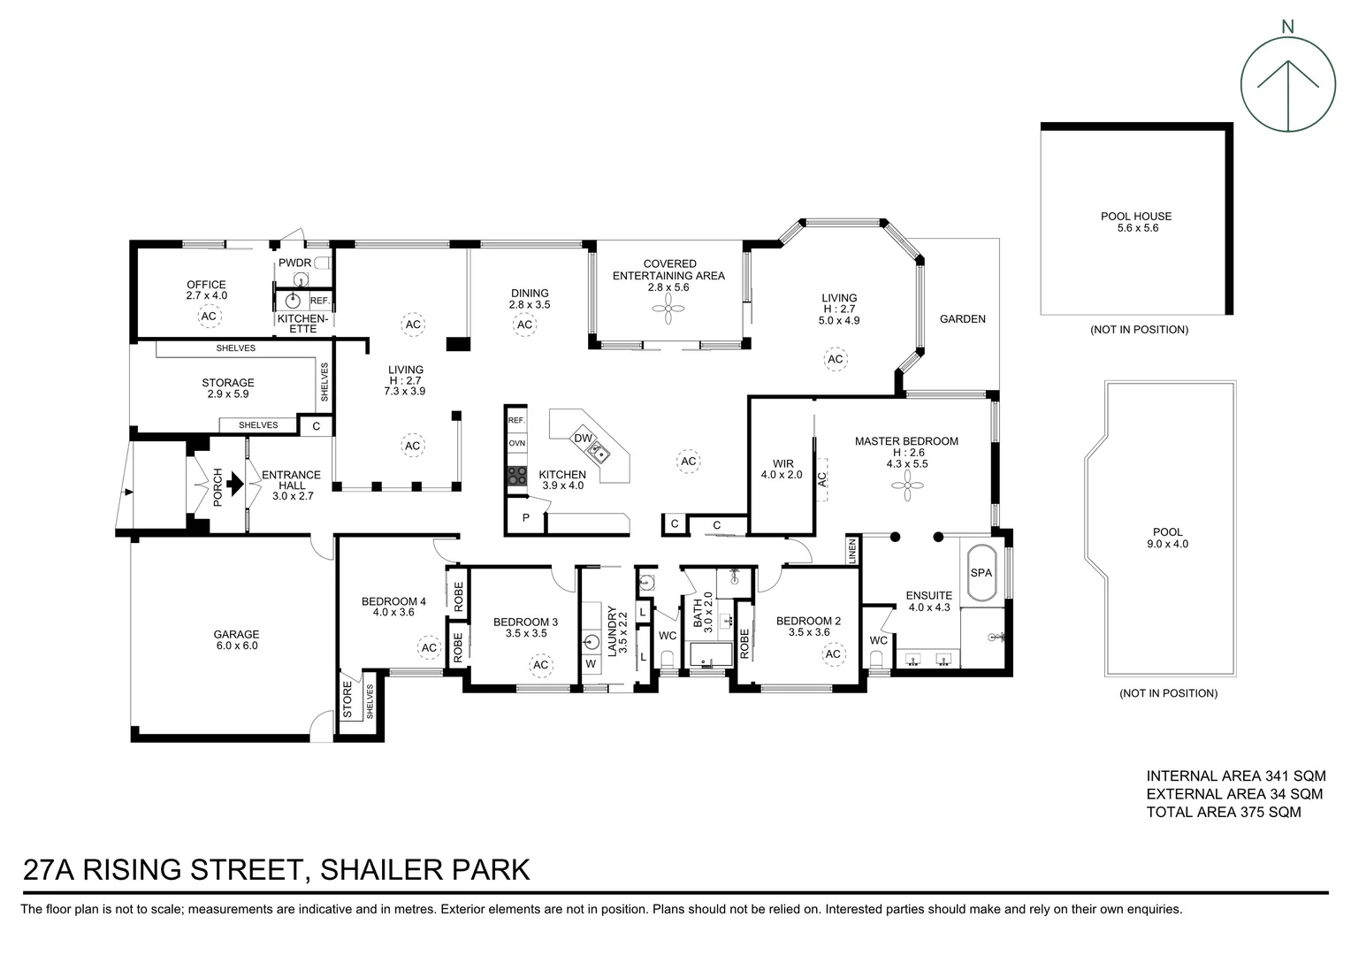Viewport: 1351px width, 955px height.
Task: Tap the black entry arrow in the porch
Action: tap(235, 483)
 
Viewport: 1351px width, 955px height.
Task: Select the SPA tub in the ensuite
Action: tap(981, 572)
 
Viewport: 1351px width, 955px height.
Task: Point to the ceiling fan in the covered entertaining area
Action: tap(668, 309)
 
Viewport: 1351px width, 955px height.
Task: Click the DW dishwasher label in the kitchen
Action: tap(583, 438)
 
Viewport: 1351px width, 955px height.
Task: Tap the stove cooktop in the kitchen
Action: tap(517, 476)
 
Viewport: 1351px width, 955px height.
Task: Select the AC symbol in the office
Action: tap(209, 316)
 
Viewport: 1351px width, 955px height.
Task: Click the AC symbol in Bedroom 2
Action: tap(833, 654)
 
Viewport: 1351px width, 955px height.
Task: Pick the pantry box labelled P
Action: tap(526, 517)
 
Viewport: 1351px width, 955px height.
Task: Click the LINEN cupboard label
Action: tap(852, 552)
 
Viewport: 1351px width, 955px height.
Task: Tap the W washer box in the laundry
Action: tap(591, 663)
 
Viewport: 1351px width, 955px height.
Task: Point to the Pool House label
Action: tap(1136, 221)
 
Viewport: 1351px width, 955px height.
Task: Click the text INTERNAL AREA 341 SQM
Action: tap(1236, 775)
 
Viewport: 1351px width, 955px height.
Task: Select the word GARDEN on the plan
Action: tap(963, 318)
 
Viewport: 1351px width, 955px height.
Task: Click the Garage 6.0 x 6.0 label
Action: tap(236, 639)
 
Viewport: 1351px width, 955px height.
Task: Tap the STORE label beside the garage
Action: tap(347, 699)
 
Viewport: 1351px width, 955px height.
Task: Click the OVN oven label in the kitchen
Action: tap(517, 443)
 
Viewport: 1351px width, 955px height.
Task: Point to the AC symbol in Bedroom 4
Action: tap(429, 648)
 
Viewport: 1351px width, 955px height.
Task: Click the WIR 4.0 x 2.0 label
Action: tap(782, 469)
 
